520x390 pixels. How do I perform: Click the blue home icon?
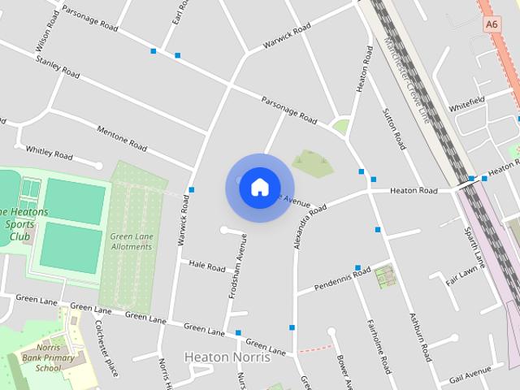(259, 187)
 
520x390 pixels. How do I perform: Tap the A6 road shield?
(492, 24)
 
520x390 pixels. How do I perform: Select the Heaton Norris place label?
(220, 356)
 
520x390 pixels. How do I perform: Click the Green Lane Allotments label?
(131, 241)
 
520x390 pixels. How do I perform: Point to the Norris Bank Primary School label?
(43, 357)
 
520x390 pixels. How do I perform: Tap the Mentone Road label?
(122, 140)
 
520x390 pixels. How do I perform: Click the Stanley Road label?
(58, 67)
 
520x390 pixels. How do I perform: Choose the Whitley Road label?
(50, 151)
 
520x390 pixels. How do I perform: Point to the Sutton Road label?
(393, 129)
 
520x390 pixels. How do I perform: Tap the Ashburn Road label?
(420, 336)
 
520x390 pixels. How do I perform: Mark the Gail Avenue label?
(470, 373)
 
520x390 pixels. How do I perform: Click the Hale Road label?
(206, 266)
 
